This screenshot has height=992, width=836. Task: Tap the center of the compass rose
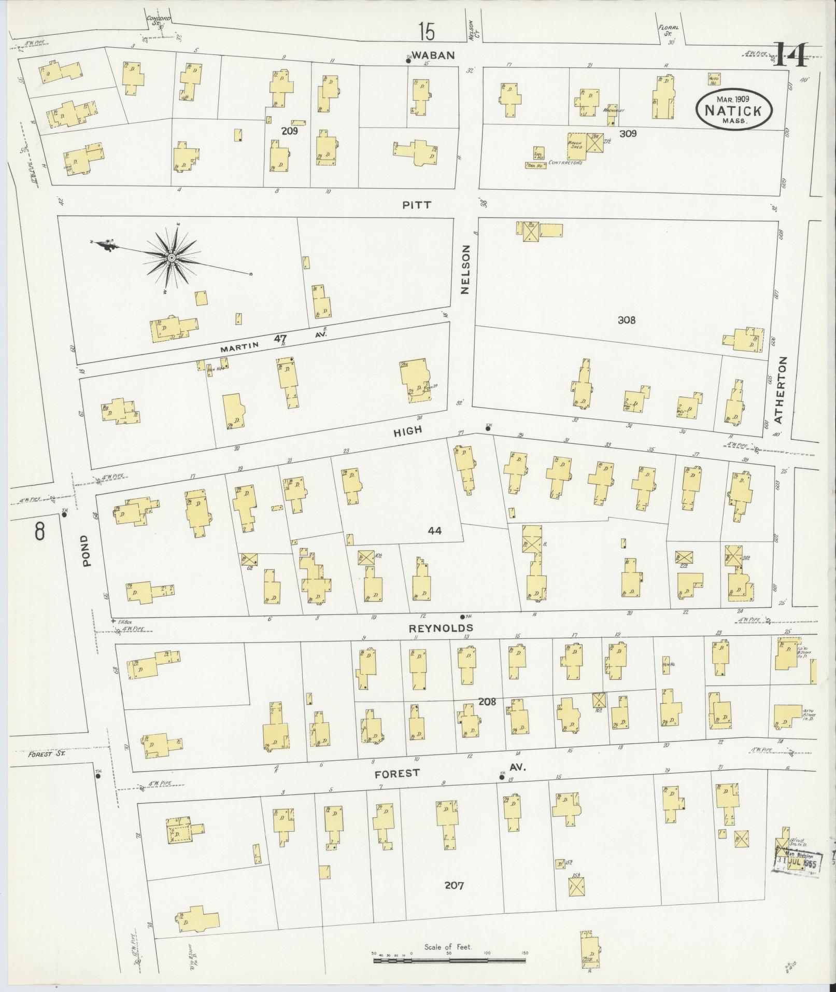171,257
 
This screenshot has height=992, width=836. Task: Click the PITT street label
416,205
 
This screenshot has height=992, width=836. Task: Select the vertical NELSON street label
465,270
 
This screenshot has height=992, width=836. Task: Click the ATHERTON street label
782,389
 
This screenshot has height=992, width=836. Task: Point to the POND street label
86,551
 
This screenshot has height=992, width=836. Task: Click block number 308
626,320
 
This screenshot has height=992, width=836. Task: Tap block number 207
454,886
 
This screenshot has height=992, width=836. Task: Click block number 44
434,530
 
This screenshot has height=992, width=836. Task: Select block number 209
289,131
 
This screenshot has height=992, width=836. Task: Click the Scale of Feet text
448,947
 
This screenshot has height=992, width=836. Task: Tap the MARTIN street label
238,348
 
